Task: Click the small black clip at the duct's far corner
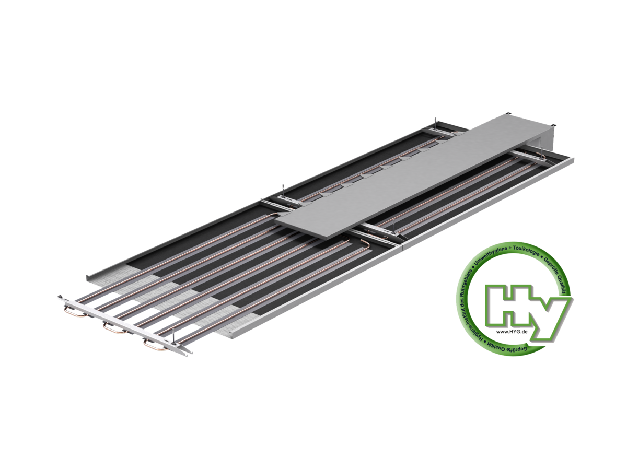click(x=554, y=125)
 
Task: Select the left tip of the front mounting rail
click(x=60, y=297)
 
